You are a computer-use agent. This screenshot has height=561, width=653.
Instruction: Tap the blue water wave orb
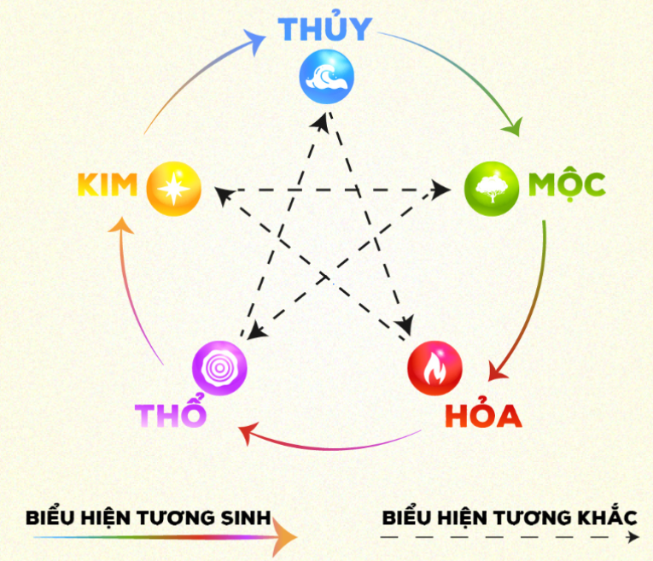pos(326,77)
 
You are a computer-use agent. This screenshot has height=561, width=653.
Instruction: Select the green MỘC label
pos(567,185)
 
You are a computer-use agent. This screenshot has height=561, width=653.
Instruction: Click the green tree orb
pos(492,189)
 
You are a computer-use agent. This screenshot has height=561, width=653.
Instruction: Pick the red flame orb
pos(434,368)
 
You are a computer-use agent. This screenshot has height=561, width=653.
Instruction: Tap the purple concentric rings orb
pos(219,368)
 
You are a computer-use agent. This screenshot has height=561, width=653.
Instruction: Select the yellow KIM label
pos(108,184)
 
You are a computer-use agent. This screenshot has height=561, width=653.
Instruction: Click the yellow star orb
pos(173,189)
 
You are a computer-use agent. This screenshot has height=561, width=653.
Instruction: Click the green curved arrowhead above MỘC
pos(513,127)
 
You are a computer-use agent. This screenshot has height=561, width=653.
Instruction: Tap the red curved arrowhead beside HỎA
pos(497,371)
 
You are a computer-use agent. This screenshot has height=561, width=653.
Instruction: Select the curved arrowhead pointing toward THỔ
pos(248,433)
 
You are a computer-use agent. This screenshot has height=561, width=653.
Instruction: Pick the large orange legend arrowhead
pos(285,537)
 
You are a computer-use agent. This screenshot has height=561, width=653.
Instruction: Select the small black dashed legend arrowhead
pos(633,537)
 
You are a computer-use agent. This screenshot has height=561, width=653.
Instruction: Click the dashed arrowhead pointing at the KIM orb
pos(224,195)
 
